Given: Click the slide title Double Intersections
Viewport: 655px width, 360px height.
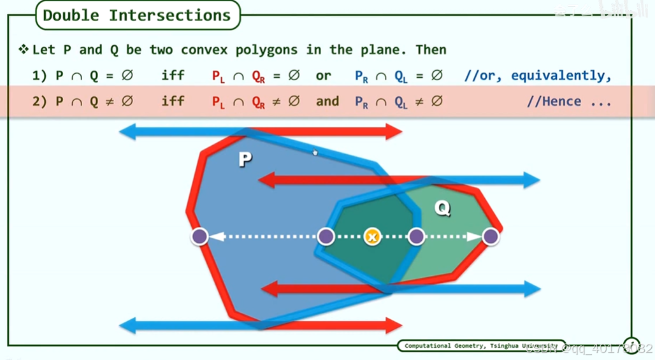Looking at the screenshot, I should click(137, 15).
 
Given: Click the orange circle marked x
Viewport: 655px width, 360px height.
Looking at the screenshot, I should click(372, 237).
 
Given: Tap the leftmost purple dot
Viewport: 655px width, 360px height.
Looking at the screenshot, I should click(199, 237).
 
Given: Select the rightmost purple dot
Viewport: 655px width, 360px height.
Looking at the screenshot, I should click(490, 237).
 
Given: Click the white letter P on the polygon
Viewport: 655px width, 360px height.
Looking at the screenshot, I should click(245, 159).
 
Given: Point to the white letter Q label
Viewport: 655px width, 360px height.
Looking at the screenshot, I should click(442, 208).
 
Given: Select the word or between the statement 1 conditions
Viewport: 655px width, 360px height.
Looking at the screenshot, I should click(324, 76).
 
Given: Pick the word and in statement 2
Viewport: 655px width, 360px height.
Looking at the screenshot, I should click(327, 101).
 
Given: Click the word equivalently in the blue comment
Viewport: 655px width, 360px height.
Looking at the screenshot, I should click(561, 76).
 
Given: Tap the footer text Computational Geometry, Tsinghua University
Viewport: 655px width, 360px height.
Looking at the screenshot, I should click(481, 346).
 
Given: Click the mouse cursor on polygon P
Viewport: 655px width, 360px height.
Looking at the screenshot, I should click(315, 152).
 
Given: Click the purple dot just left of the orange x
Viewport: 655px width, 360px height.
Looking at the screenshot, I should click(326, 237).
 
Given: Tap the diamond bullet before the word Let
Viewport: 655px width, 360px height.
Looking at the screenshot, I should click(24, 50).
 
